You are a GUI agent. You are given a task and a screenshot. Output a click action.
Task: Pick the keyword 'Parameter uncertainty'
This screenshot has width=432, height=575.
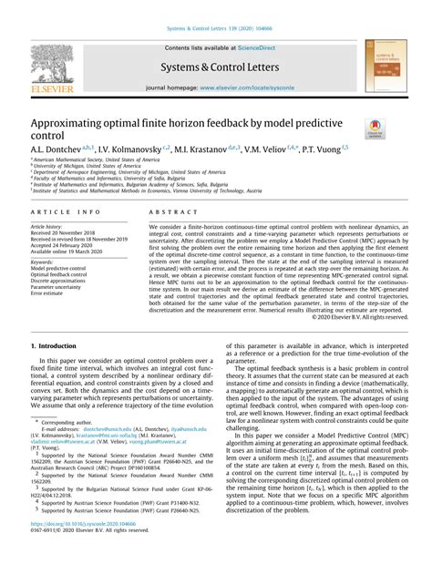tap(60, 289)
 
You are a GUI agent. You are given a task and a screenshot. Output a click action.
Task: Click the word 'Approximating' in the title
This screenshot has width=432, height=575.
tap(75, 121)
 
